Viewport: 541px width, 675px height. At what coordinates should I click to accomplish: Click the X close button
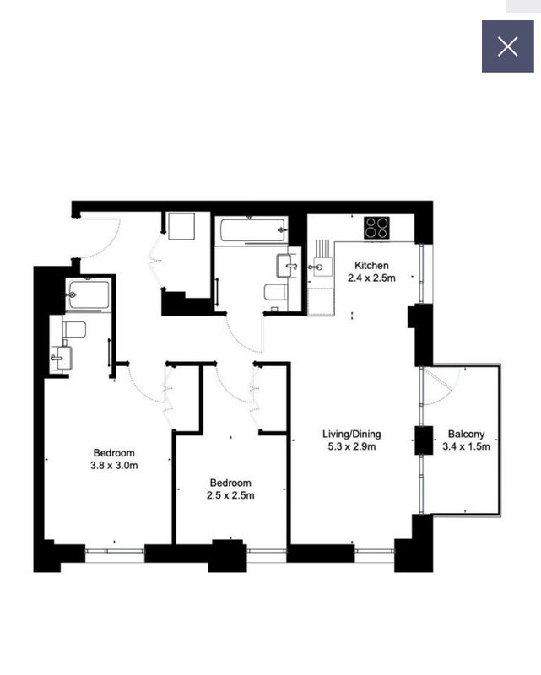click(x=508, y=46)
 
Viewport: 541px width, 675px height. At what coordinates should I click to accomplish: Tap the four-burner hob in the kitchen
click(x=377, y=227)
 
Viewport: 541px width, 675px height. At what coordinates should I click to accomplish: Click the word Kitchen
click(x=371, y=265)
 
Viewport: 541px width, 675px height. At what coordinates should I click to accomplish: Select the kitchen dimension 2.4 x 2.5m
click(x=371, y=278)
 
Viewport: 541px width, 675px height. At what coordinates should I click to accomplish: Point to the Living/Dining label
click(x=351, y=434)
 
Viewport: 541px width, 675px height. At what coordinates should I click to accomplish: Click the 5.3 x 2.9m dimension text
click(x=351, y=446)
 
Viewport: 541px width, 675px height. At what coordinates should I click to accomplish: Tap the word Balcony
click(x=466, y=434)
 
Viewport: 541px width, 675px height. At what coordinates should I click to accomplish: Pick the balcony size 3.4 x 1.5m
click(x=466, y=446)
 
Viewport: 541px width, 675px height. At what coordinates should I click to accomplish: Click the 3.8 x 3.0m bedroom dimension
click(x=114, y=466)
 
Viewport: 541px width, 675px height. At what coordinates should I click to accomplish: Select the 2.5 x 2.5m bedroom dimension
click(x=230, y=495)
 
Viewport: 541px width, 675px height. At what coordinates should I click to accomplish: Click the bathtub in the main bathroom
click(x=252, y=230)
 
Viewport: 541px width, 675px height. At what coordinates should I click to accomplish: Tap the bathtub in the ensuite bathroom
click(x=89, y=294)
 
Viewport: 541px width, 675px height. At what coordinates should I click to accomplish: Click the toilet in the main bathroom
click(x=276, y=292)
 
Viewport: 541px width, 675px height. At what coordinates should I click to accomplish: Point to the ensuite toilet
click(x=74, y=329)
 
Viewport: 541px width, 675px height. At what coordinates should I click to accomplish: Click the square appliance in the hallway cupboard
click(x=181, y=226)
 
